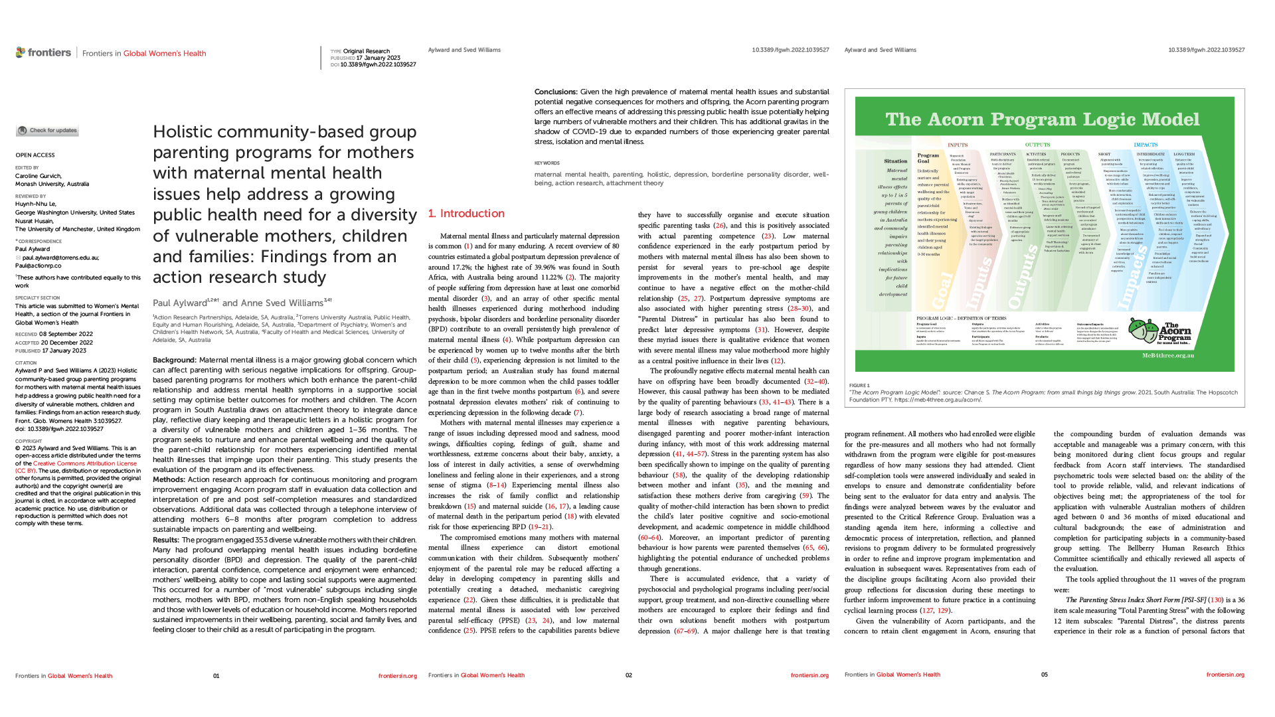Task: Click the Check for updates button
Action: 47,131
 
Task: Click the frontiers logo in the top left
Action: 43,52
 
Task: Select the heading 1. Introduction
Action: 466,213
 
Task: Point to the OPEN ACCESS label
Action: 35,155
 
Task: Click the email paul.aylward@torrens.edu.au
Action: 60,258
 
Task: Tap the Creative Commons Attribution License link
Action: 85,463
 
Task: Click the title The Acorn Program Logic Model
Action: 1042,119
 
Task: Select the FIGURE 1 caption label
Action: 859,385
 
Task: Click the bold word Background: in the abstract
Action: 175,360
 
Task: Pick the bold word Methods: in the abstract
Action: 169,479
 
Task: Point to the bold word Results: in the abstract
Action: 166,540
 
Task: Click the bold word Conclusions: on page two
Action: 556,92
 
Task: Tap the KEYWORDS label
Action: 547,163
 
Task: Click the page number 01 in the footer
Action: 216,676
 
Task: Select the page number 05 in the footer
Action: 1044,675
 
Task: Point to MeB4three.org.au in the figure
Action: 1167,355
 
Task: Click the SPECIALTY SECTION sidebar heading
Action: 37,298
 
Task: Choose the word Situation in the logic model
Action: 895,161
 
